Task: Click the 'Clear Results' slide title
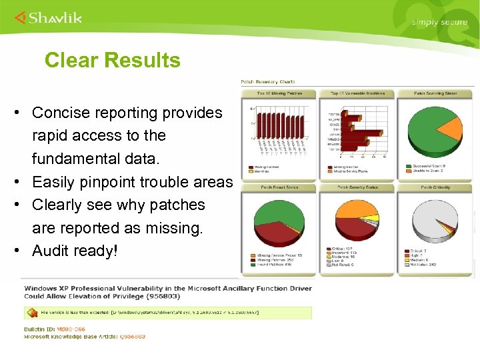[112, 61]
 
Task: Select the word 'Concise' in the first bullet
[60, 113]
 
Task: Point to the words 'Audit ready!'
[75, 251]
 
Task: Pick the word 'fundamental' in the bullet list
[74, 159]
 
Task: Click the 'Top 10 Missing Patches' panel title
[279, 93]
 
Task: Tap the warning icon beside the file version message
[30, 312]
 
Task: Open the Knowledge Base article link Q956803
[131, 337]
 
